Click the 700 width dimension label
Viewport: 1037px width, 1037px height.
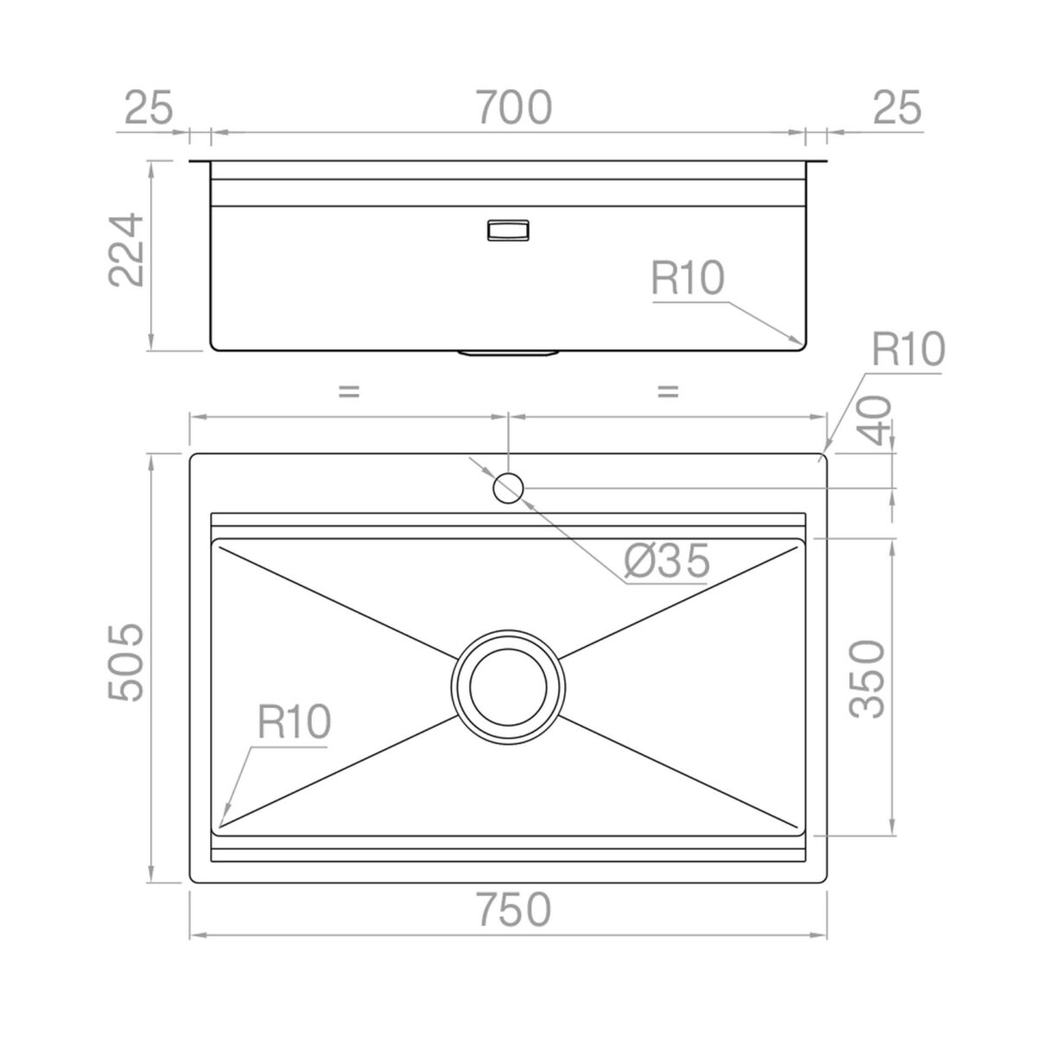tap(514, 108)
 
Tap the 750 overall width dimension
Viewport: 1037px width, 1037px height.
tap(514, 909)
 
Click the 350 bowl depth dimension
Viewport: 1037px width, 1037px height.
tap(867, 679)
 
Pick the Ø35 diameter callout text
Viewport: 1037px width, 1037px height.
tap(666, 560)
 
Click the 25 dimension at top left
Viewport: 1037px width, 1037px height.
tap(149, 107)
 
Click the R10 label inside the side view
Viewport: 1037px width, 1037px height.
tap(688, 277)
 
